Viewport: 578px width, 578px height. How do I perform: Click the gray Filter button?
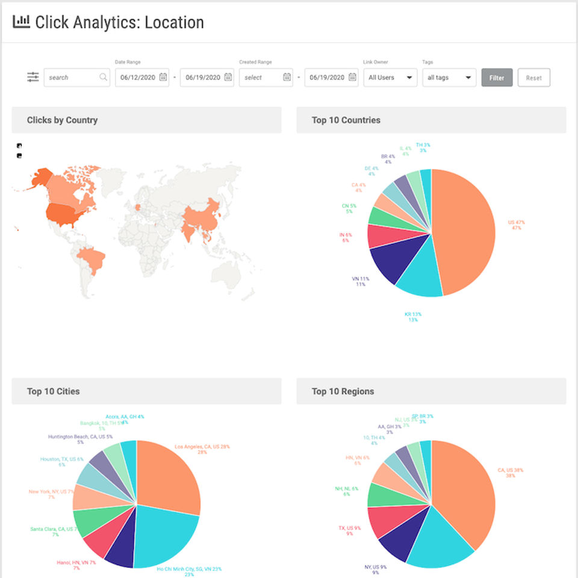point(497,78)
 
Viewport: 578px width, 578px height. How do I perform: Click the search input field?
point(72,78)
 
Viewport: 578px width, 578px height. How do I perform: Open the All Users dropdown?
point(390,78)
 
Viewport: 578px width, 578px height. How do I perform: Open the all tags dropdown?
point(449,78)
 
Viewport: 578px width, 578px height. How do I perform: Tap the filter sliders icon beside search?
point(33,78)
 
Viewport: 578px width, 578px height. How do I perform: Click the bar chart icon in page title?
point(21,22)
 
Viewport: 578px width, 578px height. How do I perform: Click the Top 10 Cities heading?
point(53,391)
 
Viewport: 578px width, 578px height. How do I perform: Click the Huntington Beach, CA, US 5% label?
point(80,437)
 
